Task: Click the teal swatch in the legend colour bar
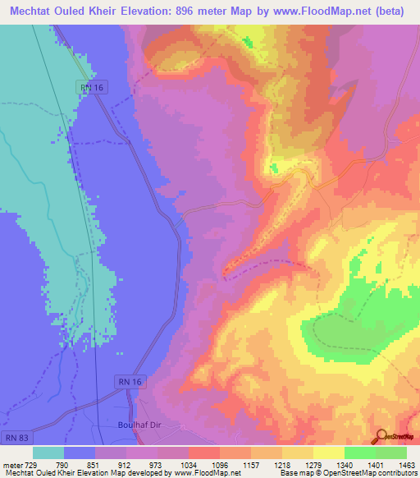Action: coord(48,453)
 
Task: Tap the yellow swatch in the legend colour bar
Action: coord(329,453)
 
